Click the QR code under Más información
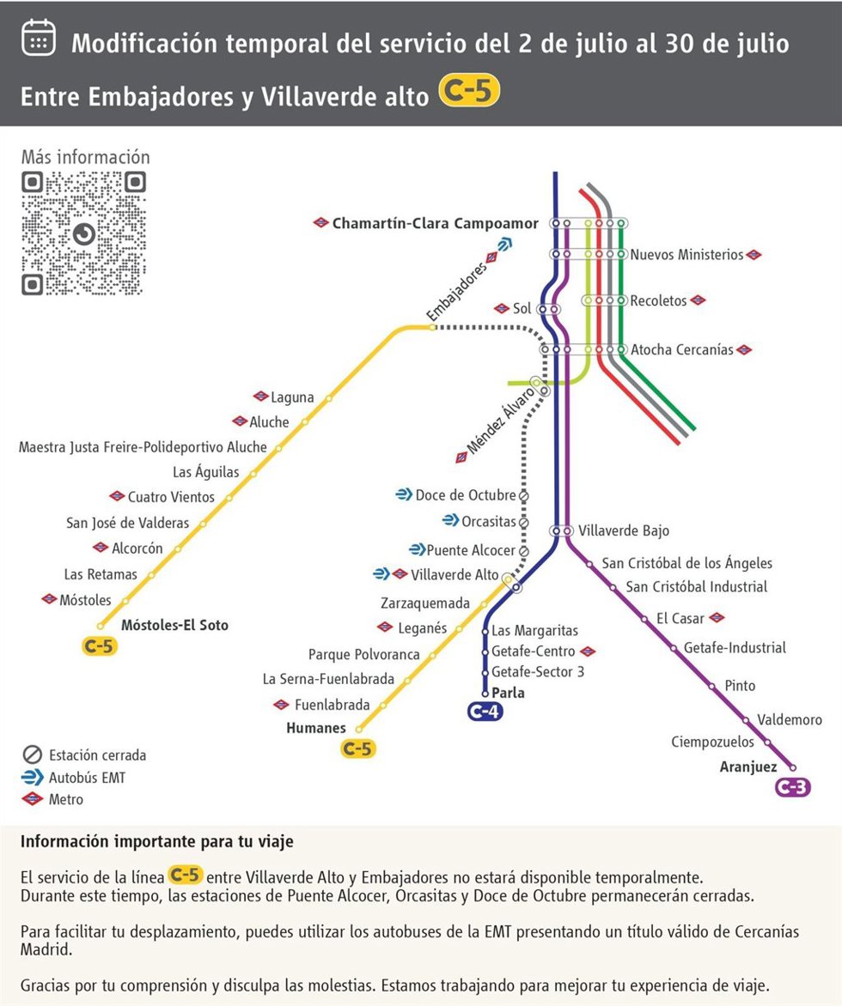pyautogui.click(x=84, y=233)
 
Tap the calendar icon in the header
pyautogui.click(x=39, y=38)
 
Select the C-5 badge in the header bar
pyautogui.click(x=469, y=91)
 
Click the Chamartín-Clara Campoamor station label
pyautogui.click(x=435, y=223)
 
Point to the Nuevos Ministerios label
pyautogui.click(x=686, y=255)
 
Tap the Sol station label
pyautogui.click(x=522, y=309)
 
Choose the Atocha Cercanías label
pyautogui.click(x=681, y=349)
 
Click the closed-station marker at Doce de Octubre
pyautogui.click(x=523, y=496)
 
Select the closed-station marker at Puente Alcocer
pyautogui.click(x=523, y=551)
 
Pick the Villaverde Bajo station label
pyautogui.click(x=624, y=530)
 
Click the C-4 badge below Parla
pyautogui.click(x=485, y=712)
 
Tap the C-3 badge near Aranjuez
pyautogui.click(x=793, y=786)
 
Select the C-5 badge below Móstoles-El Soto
pyautogui.click(x=99, y=646)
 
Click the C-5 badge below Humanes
pyautogui.click(x=357, y=748)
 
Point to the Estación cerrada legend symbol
pyautogui.click(x=32, y=754)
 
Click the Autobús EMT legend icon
pyautogui.click(x=32, y=777)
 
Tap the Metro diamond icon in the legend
pyautogui.click(x=32, y=799)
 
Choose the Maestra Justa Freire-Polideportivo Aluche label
pyautogui.click(x=143, y=447)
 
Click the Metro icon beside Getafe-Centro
pyautogui.click(x=587, y=651)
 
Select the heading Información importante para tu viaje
pyautogui.click(x=156, y=842)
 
